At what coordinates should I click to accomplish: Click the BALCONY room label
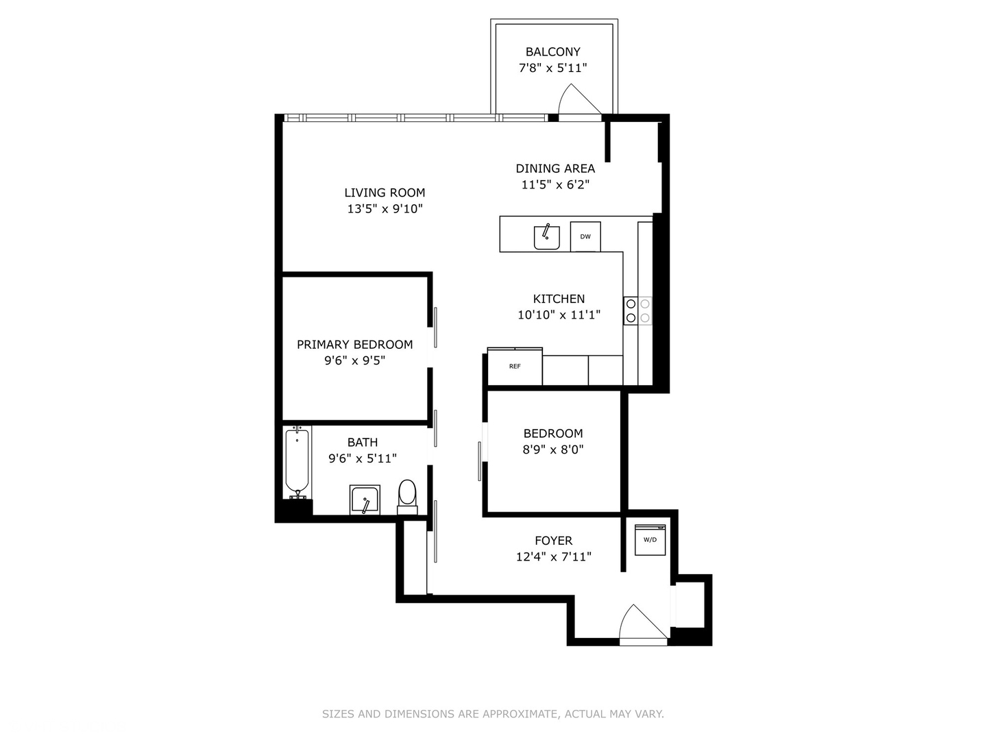[552, 52]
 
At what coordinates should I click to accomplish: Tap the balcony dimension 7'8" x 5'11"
[552, 69]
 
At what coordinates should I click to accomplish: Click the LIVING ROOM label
[385, 193]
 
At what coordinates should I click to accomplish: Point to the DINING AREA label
[555, 169]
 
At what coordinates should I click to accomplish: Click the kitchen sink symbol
[546, 237]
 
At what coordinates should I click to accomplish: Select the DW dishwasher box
[585, 236]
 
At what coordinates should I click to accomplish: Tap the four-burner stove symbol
[637, 310]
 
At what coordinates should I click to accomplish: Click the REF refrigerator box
[515, 367]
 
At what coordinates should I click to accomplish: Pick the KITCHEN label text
[559, 299]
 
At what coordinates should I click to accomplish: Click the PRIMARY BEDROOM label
[354, 345]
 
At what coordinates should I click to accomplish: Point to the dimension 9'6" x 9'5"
[354, 361]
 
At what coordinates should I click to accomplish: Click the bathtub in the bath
[297, 461]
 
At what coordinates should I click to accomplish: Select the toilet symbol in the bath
[407, 495]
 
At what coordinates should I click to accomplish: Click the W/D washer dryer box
[650, 539]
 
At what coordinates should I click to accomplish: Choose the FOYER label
[553, 541]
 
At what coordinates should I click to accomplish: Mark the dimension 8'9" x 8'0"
[553, 450]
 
